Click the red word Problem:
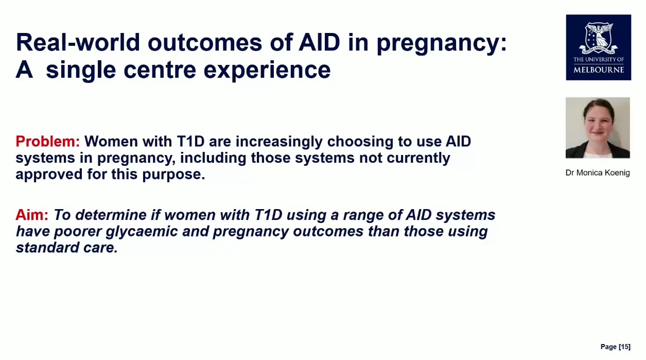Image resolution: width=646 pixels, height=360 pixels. click(47, 141)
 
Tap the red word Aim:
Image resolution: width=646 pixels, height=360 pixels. click(32, 215)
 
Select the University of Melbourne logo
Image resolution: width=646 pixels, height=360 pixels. click(599, 47)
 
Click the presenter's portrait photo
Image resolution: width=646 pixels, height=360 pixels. click(598, 128)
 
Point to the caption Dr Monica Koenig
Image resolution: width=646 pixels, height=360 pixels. click(598, 173)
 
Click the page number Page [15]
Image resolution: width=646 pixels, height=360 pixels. click(616, 347)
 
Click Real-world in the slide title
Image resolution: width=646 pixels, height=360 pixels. click(78, 42)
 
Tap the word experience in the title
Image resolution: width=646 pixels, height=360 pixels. click(267, 70)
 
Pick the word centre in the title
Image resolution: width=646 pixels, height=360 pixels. click(160, 70)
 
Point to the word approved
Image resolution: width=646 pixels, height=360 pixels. click(49, 175)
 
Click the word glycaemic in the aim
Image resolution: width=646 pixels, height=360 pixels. click(142, 232)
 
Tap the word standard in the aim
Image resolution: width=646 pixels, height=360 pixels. click(47, 248)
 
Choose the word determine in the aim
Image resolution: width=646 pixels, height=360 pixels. click(111, 215)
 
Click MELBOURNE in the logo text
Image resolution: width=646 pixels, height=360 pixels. click(599, 70)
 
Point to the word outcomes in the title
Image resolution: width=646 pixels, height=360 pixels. click(205, 43)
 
